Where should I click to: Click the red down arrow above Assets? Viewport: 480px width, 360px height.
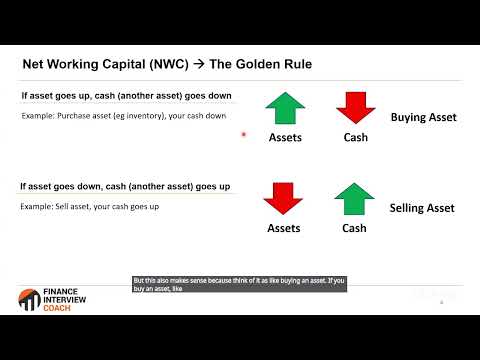coord(283,198)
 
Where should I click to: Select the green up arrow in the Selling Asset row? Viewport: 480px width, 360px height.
coord(354,198)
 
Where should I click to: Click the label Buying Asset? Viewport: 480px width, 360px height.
coord(423,117)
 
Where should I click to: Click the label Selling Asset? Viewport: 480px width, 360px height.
coord(422,208)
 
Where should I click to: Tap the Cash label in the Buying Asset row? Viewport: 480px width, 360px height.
coord(355,138)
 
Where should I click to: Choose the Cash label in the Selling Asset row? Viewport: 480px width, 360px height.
coord(355,228)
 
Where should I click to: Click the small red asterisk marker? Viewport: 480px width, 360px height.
coord(244,136)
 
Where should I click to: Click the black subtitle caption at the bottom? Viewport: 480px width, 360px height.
coord(239,285)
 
